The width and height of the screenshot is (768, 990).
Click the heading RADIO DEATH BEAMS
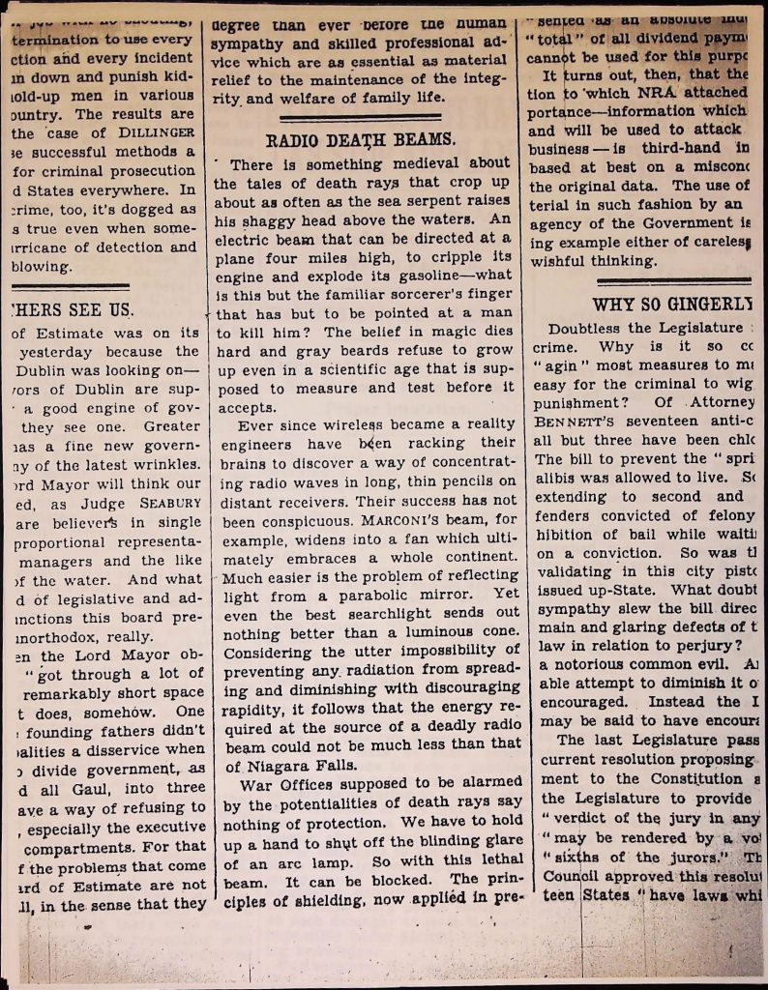click(361, 140)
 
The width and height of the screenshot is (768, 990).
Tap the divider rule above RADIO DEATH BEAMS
click(361, 119)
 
